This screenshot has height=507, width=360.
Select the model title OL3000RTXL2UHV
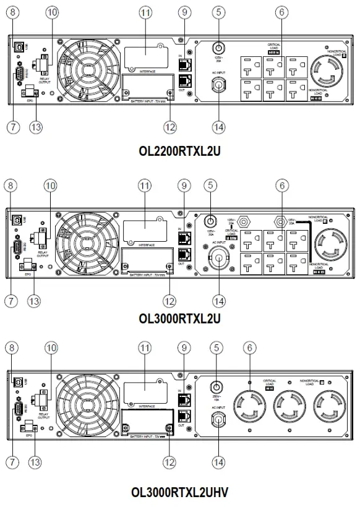pyautogui.click(x=179, y=492)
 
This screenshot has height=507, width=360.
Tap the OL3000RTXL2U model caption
pyautogui.click(x=179, y=319)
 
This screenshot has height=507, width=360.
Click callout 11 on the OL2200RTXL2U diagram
pyautogui.click(x=145, y=13)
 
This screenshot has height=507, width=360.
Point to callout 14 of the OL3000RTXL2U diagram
pyautogui.click(x=217, y=301)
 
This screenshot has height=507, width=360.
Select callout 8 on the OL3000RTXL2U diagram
pyautogui.click(x=9, y=184)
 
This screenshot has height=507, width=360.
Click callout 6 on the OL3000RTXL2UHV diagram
pyautogui.click(x=251, y=348)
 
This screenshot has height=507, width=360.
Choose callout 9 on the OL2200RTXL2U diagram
pyautogui.click(x=183, y=13)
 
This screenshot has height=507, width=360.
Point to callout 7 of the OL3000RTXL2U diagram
pyautogui.click(x=9, y=301)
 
